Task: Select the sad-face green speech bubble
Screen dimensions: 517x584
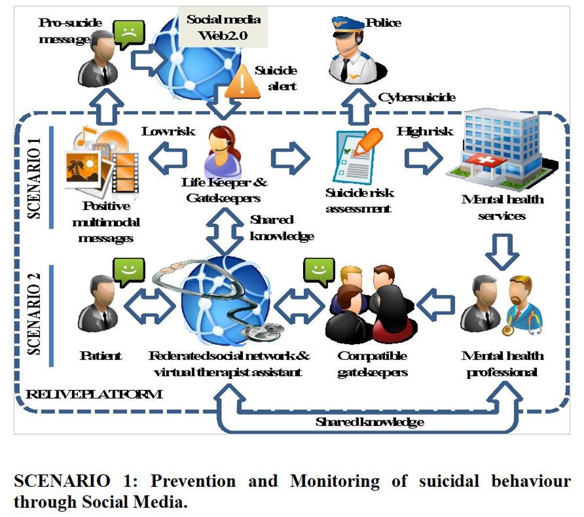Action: [129, 34]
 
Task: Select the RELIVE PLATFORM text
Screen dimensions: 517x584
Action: [94, 394]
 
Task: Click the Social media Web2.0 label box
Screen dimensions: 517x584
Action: [223, 27]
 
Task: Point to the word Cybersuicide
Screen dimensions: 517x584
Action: [417, 98]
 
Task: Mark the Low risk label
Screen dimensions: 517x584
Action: [168, 131]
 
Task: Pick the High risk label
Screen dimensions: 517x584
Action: [425, 131]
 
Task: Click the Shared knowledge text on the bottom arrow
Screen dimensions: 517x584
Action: [370, 422]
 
